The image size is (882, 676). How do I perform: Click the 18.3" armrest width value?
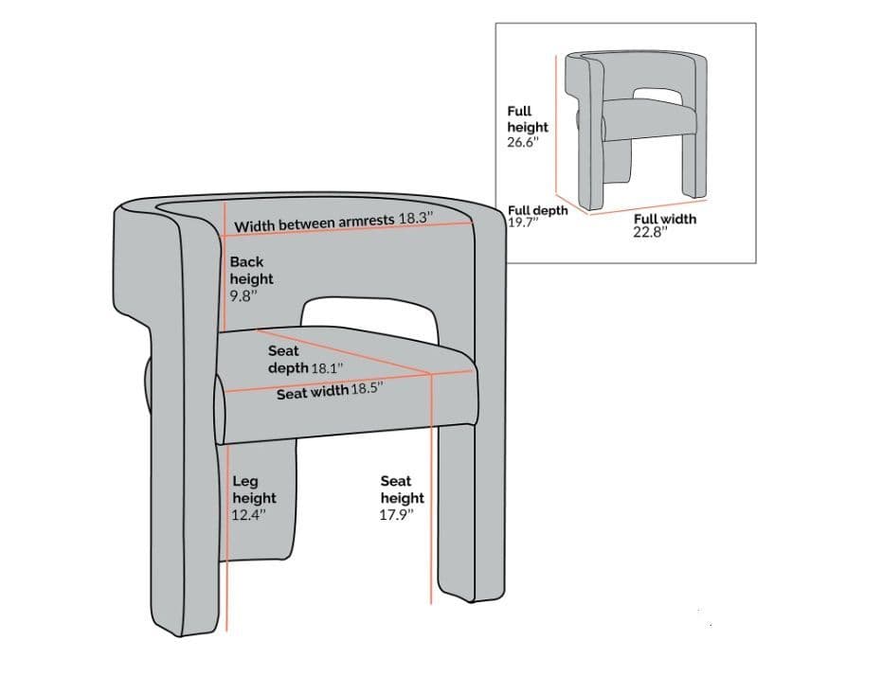(414, 218)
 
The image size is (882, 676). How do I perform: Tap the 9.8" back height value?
(243, 295)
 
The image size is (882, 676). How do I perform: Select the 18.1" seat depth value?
(327, 367)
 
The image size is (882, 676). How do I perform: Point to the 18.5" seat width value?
(368, 389)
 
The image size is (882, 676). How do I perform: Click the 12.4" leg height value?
(249, 514)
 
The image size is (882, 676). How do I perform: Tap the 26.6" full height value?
(523, 142)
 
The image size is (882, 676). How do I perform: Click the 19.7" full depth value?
(522, 222)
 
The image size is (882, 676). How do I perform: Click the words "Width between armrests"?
(315, 223)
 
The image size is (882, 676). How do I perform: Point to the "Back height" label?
(251, 270)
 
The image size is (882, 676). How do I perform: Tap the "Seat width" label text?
(312, 393)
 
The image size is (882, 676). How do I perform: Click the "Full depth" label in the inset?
(537, 210)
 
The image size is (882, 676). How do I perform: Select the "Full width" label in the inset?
(664, 219)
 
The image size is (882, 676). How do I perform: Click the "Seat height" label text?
(402, 489)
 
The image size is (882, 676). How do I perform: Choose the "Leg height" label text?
(254, 489)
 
